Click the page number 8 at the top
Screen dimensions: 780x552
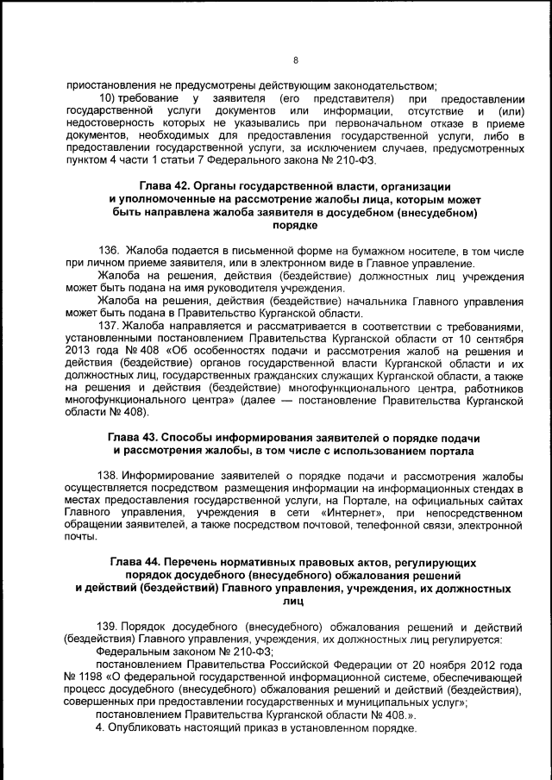(x=295, y=60)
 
